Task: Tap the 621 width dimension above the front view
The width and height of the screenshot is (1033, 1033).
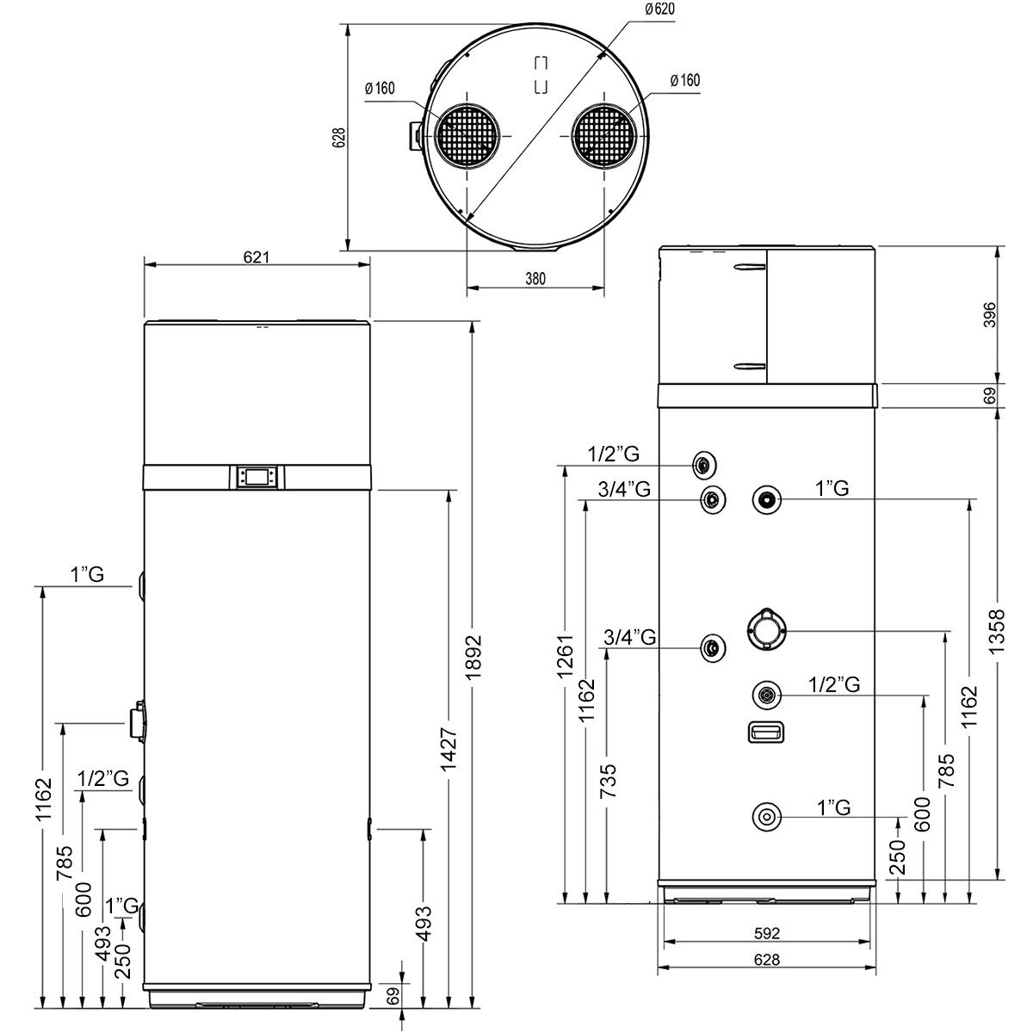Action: pyautogui.click(x=257, y=257)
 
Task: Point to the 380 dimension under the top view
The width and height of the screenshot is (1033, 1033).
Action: pyautogui.click(x=535, y=279)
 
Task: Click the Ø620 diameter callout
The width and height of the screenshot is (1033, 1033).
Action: pyautogui.click(x=659, y=9)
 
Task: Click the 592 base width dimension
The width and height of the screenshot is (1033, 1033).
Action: pyautogui.click(x=766, y=933)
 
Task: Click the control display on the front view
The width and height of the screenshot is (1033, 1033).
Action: pyautogui.click(x=257, y=476)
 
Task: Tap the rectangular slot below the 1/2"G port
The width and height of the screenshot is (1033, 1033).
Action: pyautogui.click(x=765, y=732)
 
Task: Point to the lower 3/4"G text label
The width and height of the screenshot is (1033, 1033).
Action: pyautogui.click(x=629, y=637)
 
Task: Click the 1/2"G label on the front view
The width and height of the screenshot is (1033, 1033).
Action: pyautogui.click(x=103, y=779)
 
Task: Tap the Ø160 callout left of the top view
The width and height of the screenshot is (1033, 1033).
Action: pyautogui.click(x=379, y=88)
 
